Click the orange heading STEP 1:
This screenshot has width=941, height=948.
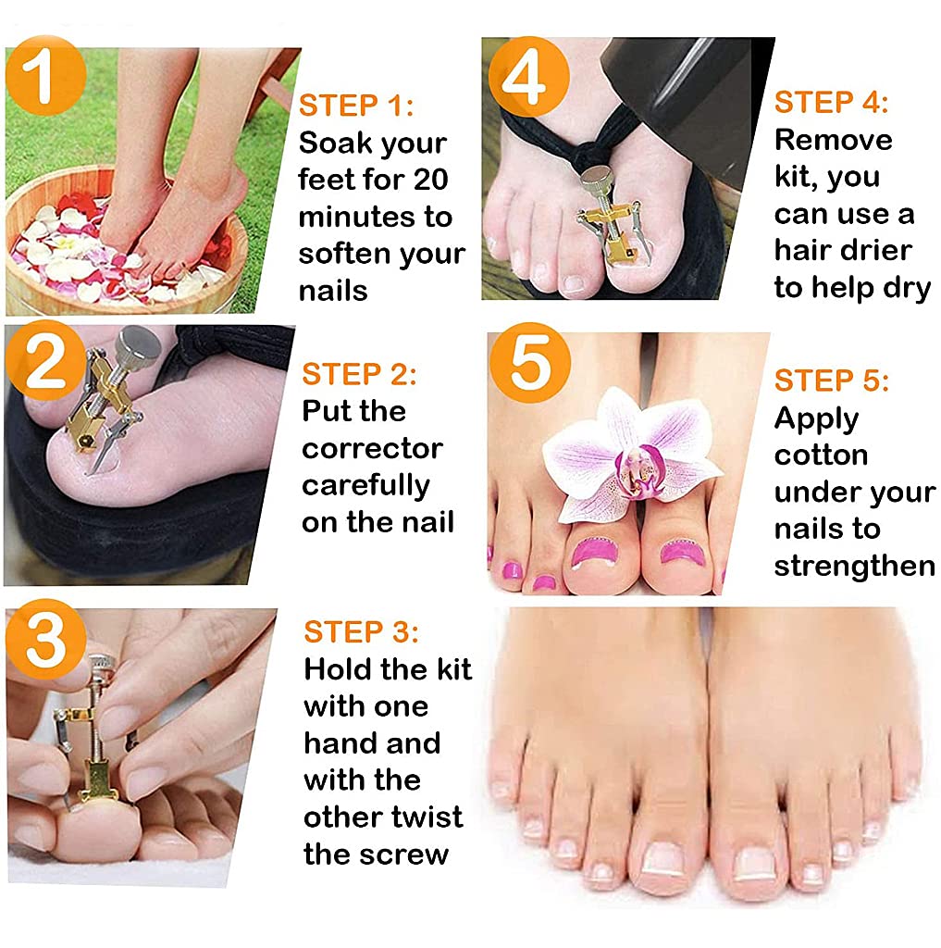coord(356,106)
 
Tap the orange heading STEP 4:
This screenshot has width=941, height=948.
coord(831,102)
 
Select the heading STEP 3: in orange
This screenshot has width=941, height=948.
coord(361,632)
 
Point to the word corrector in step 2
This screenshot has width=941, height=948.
coord(372,448)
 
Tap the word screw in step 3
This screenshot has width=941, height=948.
coord(409,854)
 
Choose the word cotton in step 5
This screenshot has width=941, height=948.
coord(821,455)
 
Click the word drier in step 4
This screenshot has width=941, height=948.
coord(869,250)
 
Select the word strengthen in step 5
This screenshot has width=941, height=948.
coord(854,566)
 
